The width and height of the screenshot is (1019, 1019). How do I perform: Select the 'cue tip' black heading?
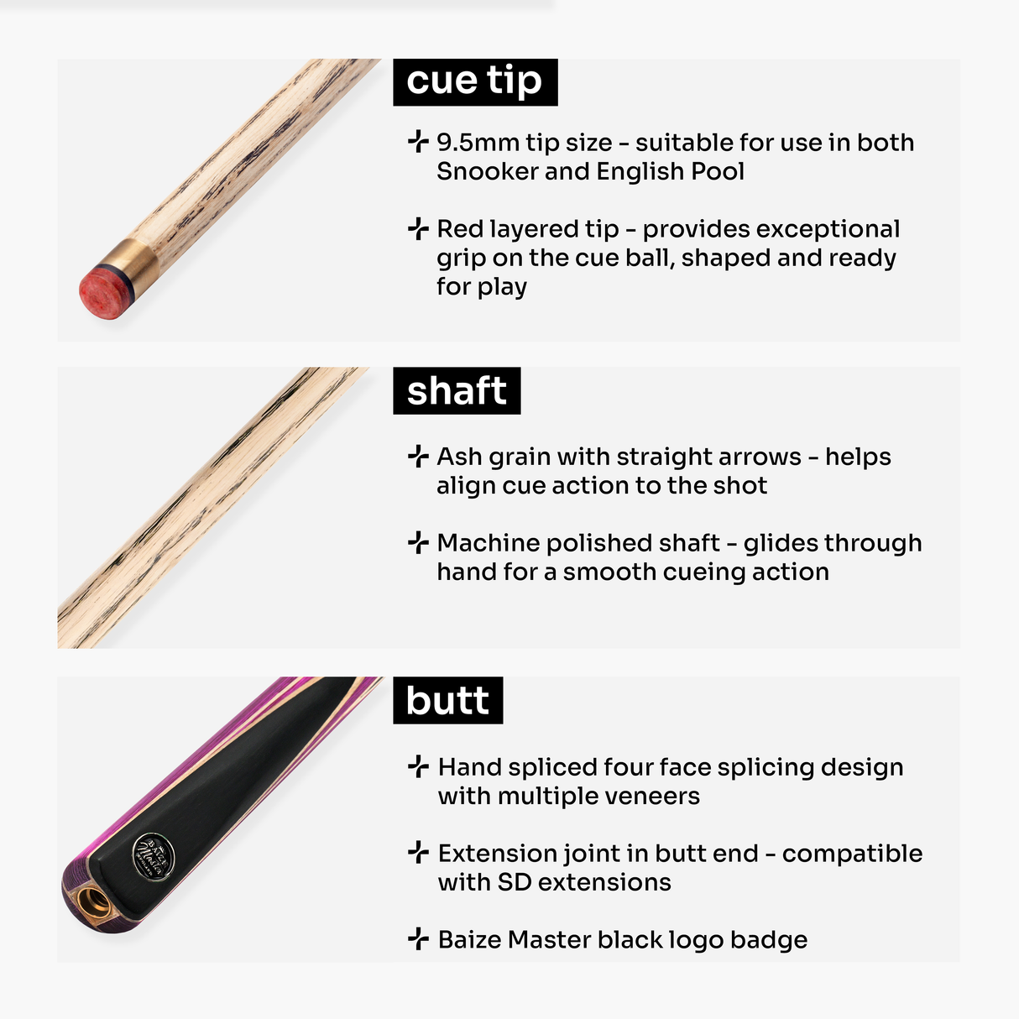pyautogui.click(x=475, y=81)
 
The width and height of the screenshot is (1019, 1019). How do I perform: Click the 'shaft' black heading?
pyautogui.click(x=457, y=391)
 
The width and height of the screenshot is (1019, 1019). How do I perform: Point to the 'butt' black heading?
pyautogui.click(x=447, y=701)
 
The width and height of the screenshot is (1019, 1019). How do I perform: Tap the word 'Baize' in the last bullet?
pyautogui.click(x=469, y=940)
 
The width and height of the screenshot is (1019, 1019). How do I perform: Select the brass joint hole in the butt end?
pyautogui.click(x=93, y=903)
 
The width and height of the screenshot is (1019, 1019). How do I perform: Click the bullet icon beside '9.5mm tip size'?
pyautogui.click(x=418, y=142)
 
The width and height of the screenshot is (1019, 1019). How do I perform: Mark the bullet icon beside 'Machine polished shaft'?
pyautogui.click(x=418, y=542)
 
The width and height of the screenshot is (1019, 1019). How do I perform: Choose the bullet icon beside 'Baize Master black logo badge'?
pyautogui.click(x=418, y=939)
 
